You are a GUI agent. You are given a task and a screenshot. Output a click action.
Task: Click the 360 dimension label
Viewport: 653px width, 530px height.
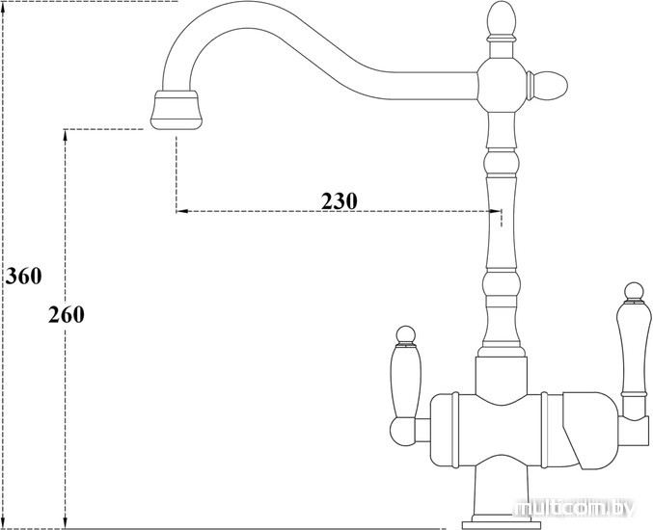click(x=23, y=276)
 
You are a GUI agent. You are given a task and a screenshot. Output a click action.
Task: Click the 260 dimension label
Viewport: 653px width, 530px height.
click(x=67, y=314)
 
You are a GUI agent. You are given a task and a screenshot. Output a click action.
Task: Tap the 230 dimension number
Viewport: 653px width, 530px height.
click(x=339, y=201)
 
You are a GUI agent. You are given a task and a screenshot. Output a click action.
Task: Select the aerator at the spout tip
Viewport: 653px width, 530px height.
click(x=177, y=110)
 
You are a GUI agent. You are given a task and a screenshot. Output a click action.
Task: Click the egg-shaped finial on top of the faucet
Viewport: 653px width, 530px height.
click(x=502, y=18)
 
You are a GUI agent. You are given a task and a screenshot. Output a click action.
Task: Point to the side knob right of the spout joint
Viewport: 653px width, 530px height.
click(x=547, y=86)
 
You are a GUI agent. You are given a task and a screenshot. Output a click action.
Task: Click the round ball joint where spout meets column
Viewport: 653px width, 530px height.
click(x=502, y=86)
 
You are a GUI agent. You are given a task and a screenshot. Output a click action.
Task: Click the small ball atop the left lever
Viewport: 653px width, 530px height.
click(x=406, y=335)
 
